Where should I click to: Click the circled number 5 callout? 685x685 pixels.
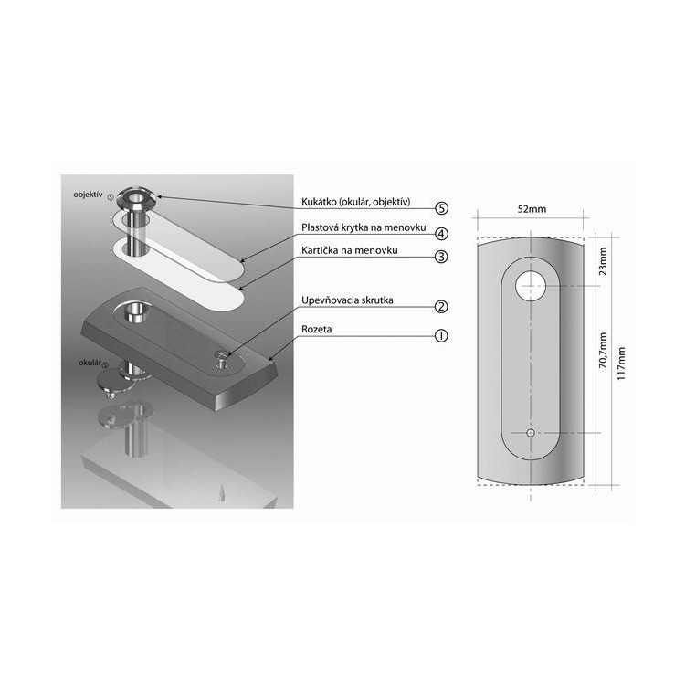[442, 208]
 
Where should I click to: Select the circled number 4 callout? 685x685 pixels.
[442, 234]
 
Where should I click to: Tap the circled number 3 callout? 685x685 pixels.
[442, 257]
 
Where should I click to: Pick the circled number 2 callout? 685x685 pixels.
[442, 307]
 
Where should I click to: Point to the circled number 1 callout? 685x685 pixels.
[442, 336]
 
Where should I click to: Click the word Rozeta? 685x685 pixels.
[316, 330]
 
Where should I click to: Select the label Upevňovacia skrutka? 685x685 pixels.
[347, 300]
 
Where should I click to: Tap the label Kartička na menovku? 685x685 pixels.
[350, 250]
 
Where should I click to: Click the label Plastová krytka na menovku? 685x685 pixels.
[364, 227]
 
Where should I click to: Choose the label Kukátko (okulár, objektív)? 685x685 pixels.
[356, 202]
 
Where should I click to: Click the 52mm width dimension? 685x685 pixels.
[532, 209]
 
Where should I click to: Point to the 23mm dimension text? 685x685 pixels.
[603, 261]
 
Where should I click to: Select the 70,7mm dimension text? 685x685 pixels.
[603, 351]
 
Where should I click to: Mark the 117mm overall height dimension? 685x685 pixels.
[621, 364]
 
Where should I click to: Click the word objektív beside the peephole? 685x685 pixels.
[88, 195]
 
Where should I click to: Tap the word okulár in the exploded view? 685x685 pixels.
[90, 363]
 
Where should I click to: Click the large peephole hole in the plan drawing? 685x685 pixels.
[531, 286]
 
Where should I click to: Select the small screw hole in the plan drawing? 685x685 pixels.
[531, 433]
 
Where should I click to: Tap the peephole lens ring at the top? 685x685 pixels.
[137, 197]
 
